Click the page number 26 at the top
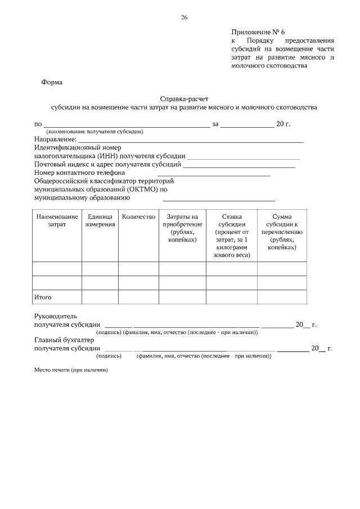click(x=184, y=17)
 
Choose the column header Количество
click(x=138, y=217)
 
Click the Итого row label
click(x=43, y=296)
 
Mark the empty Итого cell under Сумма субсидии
click(x=282, y=296)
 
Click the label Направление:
click(x=55, y=139)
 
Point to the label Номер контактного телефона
click(x=79, y=173)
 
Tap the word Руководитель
click(x=59, y=316)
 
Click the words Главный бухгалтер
click(x=64, y=340)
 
